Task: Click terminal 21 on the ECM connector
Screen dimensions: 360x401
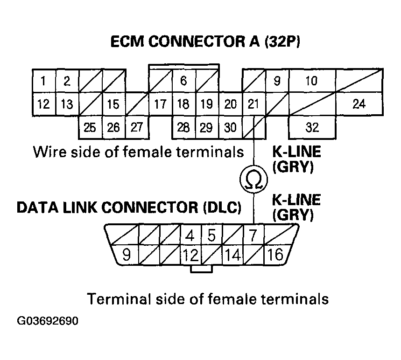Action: [x=253, y=104]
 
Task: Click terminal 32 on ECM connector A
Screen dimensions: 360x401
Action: [x=312, y=127]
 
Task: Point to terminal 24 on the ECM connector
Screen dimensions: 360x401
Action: [x=359, y=104]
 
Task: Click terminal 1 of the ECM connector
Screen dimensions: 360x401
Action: [x=43, y=82]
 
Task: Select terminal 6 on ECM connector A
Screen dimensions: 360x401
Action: [x=183, y=82]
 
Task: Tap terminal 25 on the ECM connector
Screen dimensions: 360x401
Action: [x=90, y=127]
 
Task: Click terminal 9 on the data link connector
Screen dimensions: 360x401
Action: [x=125, y=255]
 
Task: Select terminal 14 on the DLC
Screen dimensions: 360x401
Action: [x=232, y=255]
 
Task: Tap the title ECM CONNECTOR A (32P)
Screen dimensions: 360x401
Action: [x=205, y=42]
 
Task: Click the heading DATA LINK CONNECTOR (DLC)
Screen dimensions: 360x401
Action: [x=129, y=208]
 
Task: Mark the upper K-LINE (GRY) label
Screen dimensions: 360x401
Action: [x=296, y=159]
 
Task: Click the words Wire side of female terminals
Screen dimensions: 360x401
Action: [x=138, y=152]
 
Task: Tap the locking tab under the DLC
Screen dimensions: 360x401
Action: [x=201, y=269]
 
